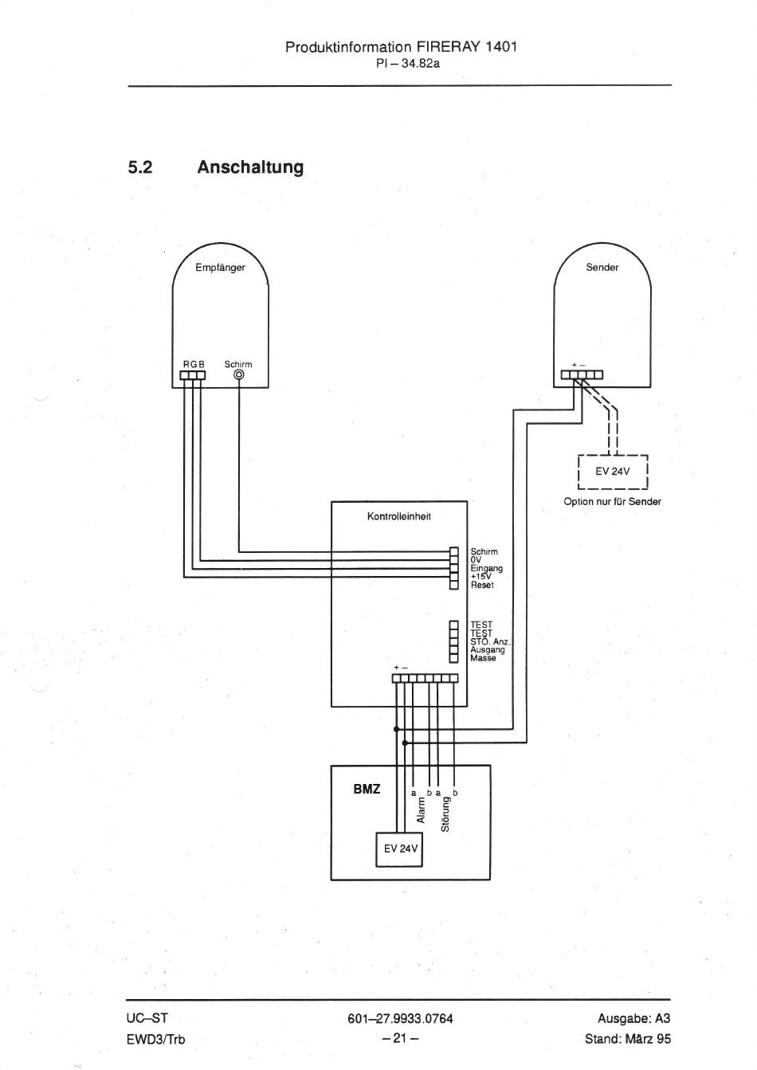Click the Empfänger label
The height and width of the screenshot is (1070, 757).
click(x=220, y=268)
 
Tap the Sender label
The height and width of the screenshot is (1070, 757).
click(x=602, y=268)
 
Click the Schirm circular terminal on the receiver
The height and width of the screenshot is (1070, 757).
click(x=239, y=375)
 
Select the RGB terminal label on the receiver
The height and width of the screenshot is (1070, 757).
click(x=194, y=364)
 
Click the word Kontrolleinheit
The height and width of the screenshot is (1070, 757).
click(x=398, y=516)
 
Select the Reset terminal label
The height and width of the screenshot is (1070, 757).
click(x=482, y=585)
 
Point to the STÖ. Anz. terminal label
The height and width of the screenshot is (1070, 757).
click(x=490, y=641)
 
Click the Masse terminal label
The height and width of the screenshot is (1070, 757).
click(x=483, y=658)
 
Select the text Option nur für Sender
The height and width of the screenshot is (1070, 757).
click(x=612, y=502)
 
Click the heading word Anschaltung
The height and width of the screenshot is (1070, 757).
click(x=250, y=167)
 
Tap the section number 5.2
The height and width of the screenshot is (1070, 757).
click(x=140, y=167)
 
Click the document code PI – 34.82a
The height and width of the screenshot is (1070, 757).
click(x=408, y=63)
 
